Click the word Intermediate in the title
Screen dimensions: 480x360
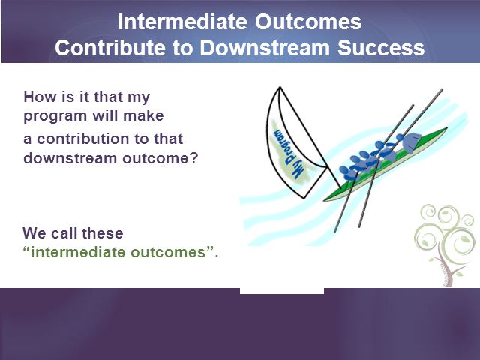click(x=182, y=22)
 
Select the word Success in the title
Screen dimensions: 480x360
click(x=381, y=48)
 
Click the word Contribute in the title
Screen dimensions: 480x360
click(x=110, y=48)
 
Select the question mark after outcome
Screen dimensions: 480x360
click(x=195, y=158)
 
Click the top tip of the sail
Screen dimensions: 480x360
click(x=280, y=87)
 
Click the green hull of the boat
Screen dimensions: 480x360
click(x=386, y=165)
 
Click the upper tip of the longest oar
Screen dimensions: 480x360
click(x=442, y=90)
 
